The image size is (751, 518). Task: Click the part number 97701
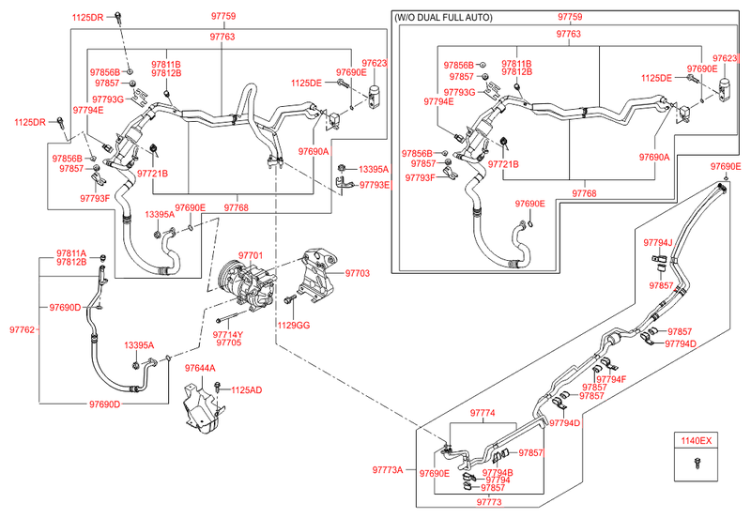250,255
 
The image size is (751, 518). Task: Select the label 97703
358,273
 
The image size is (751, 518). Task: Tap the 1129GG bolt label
293,325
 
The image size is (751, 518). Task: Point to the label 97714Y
227,334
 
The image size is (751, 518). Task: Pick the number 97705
227,343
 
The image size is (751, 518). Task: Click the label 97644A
200,369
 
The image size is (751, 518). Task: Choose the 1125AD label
246,389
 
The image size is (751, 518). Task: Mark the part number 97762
23,330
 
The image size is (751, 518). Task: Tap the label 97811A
70,253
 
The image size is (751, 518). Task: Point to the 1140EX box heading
697,439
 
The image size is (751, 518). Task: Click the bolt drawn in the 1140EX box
697,462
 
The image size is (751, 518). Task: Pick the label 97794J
658,243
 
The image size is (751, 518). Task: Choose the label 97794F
611,379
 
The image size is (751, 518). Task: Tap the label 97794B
499,472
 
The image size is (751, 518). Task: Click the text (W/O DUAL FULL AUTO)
444,17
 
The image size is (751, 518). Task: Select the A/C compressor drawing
243,285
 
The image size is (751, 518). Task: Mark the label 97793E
373,185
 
